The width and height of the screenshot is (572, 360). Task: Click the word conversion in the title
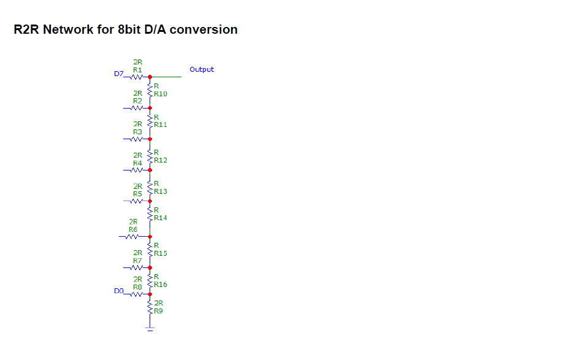[x=203, y=29]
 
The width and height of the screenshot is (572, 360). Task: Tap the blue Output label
[x=202, y=69]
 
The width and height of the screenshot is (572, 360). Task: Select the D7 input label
[x=119, y=74]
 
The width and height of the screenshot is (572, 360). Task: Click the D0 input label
[x=119, y=291]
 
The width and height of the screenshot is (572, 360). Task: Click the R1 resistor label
[x=137, y=70]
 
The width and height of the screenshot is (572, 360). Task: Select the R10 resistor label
[x=161, y=94]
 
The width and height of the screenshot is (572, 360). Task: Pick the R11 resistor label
[x=161, y=124]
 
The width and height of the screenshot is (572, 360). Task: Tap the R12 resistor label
[x=161, y=160]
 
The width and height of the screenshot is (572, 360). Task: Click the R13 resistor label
[x=161, y=191]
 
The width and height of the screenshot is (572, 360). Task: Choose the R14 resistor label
[x=161, y=218]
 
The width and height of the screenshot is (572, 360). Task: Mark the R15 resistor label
[x=161, y=253]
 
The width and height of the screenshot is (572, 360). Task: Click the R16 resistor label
[x=161, y=285]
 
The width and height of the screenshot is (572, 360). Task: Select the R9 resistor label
[x=158, y=312]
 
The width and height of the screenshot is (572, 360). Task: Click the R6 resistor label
[x=133, y=229]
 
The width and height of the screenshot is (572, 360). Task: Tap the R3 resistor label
[x=137, y=132]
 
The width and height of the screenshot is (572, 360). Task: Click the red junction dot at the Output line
[x=150, y=77]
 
